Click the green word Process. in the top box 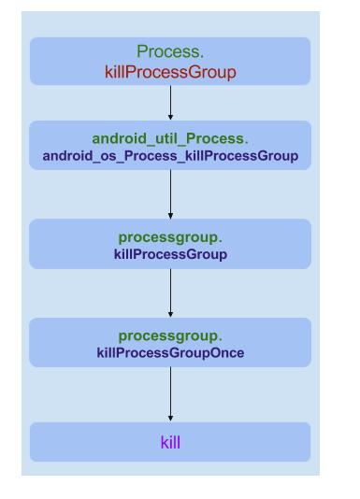[x=170, y=52]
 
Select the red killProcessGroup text [x=170, y=71]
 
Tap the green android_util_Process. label [x=170, y=138]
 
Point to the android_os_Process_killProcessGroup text [x=170, y=155]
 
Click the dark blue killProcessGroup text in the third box [x=170, y=253]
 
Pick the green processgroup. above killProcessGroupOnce [x=170, y=335]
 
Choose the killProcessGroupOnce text [x=170, y=352]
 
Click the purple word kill [x=170, y=441]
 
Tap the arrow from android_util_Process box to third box [x=170, y=193]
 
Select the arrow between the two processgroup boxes [x=170, y=292]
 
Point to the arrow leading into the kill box [x=170, y=392]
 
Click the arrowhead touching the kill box [x=170, y=417]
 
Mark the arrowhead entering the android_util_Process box [x=170, y=116]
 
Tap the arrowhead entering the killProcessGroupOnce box [x=170, y=314]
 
